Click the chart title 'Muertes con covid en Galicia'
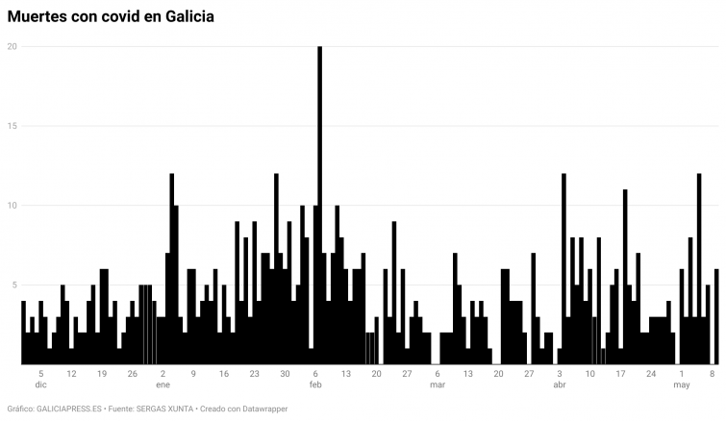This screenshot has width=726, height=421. (x=111, y=16)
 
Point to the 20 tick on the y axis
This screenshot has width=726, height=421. (x=12, y=46)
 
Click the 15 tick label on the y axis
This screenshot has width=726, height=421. (x=12, y=126)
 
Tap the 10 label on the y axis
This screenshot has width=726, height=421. (x=12, y=206)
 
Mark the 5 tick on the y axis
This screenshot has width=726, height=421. (x=13, y=285)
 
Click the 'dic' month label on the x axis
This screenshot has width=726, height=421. (x=40, y=384)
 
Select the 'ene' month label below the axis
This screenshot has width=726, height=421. (x=163, y=384)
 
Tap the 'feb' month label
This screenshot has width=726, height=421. (x=315, y=384)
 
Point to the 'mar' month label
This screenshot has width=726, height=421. (x=438, y=384)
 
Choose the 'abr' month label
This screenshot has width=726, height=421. (x=560, y=384)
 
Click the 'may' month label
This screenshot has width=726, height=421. (x=682, y=384)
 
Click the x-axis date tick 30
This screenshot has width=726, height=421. (x=285, y=373)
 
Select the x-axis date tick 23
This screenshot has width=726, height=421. (x=254, y=373)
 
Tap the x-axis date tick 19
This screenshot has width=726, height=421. (x=102, y=373)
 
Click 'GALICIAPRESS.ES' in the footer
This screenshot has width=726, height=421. (x=69, y=409)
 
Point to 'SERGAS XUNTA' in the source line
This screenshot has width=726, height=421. (x=163, y=409)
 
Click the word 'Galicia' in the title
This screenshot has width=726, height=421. (x=187, y=16)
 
